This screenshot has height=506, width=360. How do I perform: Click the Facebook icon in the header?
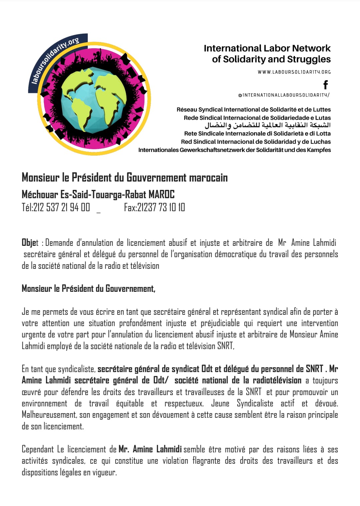point(326,85)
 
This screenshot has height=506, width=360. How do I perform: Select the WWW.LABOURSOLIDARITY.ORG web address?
point(294,72)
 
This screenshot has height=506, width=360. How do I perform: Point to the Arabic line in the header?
point(267,125)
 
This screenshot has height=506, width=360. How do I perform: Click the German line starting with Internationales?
point(234,150)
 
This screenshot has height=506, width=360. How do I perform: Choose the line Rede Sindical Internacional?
point(257,118)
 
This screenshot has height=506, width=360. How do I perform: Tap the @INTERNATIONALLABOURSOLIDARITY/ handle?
point(284,95)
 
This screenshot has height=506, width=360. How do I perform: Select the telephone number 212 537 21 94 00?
point(61,207)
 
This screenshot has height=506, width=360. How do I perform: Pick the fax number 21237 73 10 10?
point(161,207)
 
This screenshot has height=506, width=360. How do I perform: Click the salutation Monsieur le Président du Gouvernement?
point(88,288)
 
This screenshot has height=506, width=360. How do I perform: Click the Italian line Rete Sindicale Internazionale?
point(257,134)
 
